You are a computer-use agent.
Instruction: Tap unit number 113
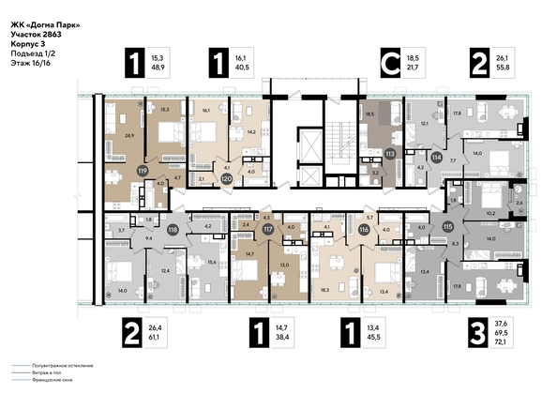point(389,152)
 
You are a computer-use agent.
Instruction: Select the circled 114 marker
point(435,159)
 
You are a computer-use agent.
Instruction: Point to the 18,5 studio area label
point(369,113)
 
